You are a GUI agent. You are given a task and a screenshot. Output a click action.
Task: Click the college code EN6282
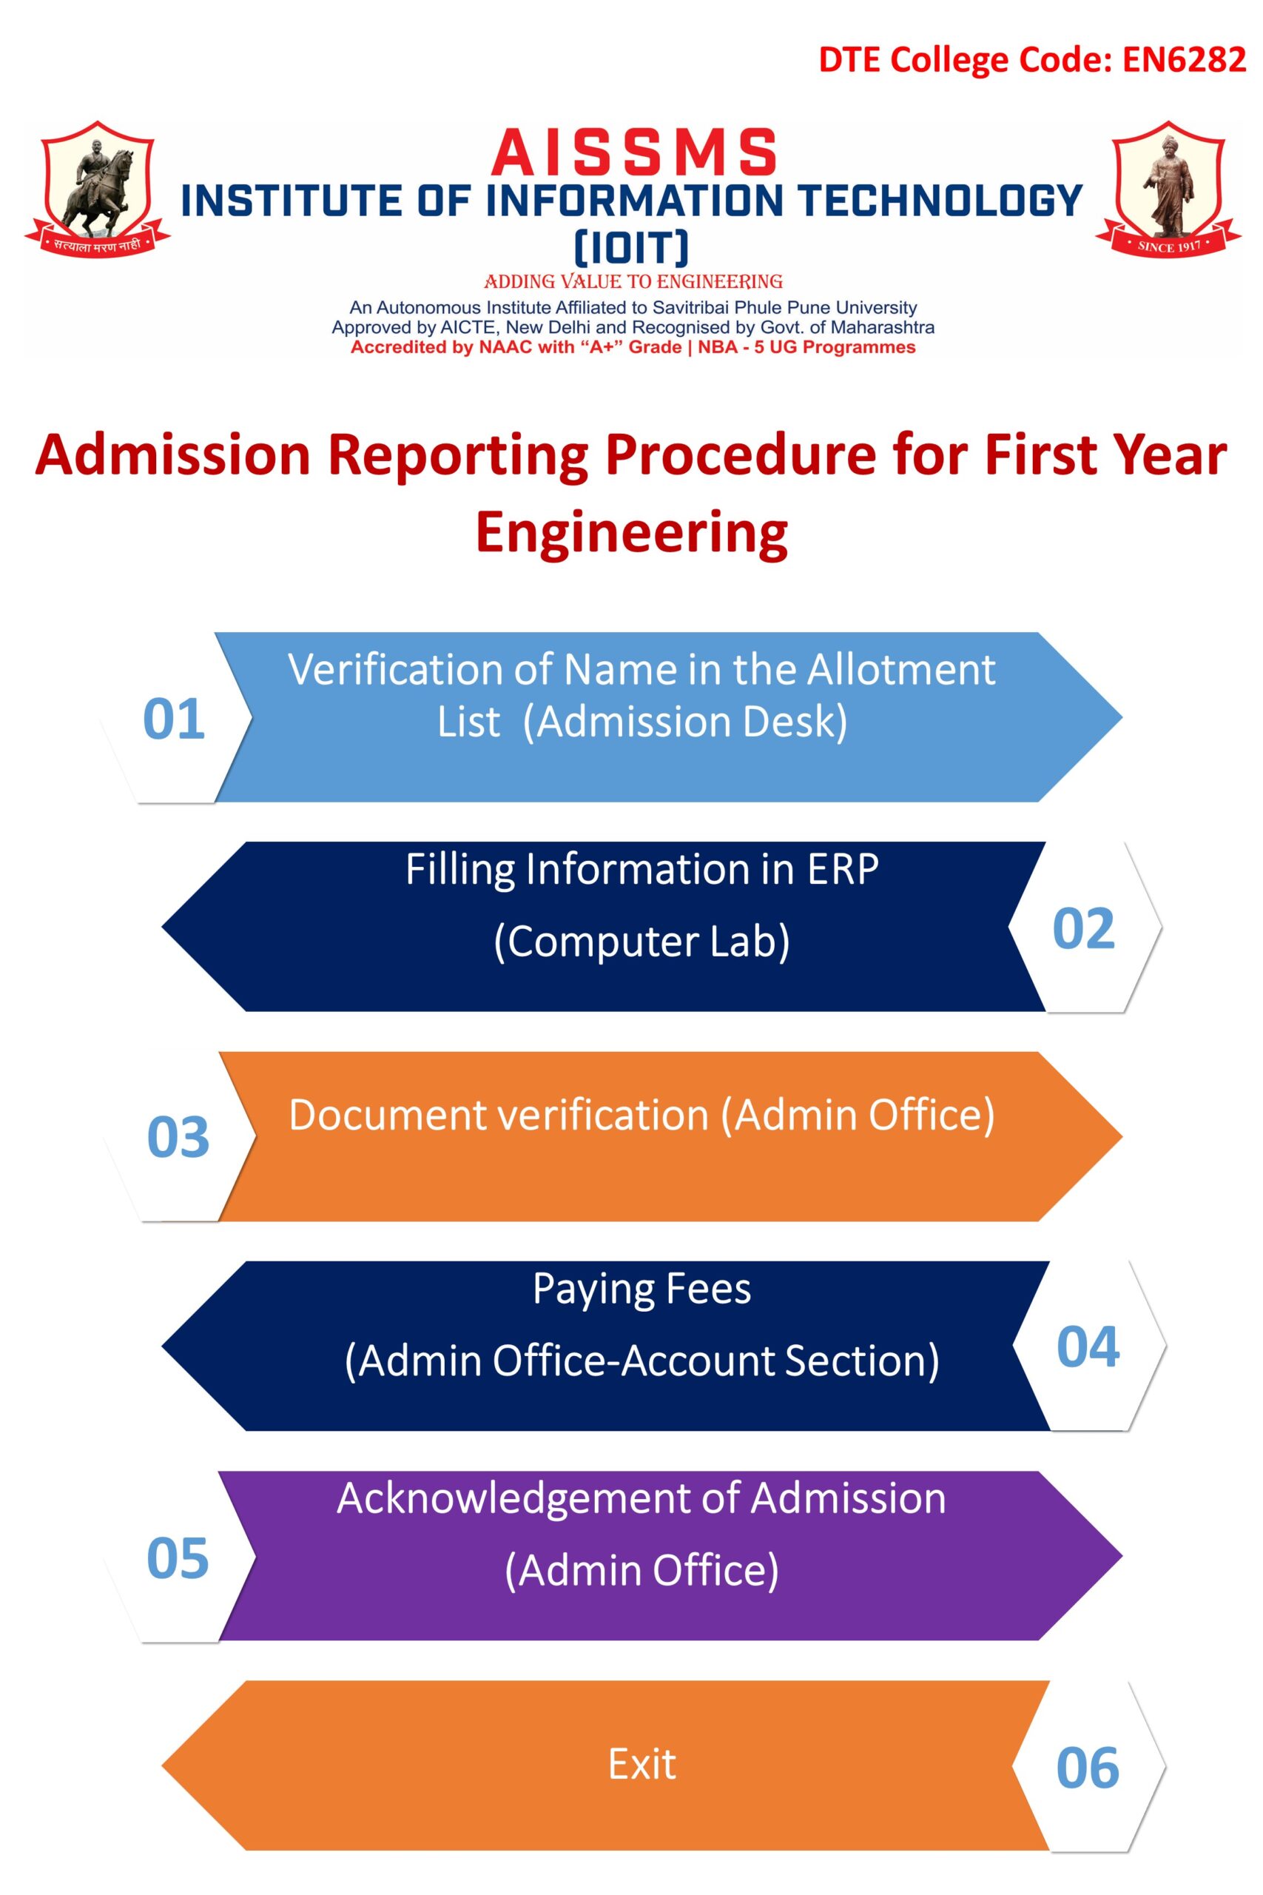point(1183,60)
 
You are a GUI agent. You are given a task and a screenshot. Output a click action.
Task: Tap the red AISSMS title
point(634,152)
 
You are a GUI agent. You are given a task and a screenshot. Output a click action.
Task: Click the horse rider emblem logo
point(98,189)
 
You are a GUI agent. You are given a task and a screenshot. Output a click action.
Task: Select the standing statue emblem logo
point(1168,189)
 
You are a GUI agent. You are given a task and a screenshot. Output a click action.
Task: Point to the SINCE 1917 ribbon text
point(1169,246)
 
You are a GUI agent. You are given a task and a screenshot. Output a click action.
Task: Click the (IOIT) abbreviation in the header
point(632,247)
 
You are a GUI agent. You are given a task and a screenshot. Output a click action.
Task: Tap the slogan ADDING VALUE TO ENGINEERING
point(633,282)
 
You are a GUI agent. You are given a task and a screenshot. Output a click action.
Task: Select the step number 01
point(174,719)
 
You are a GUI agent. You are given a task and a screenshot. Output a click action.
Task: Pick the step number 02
point(1083,929)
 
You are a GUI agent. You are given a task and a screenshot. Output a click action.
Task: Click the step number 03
point(178,1138)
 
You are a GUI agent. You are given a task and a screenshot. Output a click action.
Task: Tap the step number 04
point(1088,1346)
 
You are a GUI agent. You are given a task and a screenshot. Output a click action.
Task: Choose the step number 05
point(178,1557)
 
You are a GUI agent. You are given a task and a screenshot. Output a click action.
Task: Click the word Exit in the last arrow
point(642,1765)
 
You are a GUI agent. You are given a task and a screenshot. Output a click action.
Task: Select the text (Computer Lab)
point(642,941)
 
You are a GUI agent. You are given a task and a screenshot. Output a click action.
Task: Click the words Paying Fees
point(642,1290)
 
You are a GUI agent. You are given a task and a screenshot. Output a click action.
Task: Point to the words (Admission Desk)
point(685,722)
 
